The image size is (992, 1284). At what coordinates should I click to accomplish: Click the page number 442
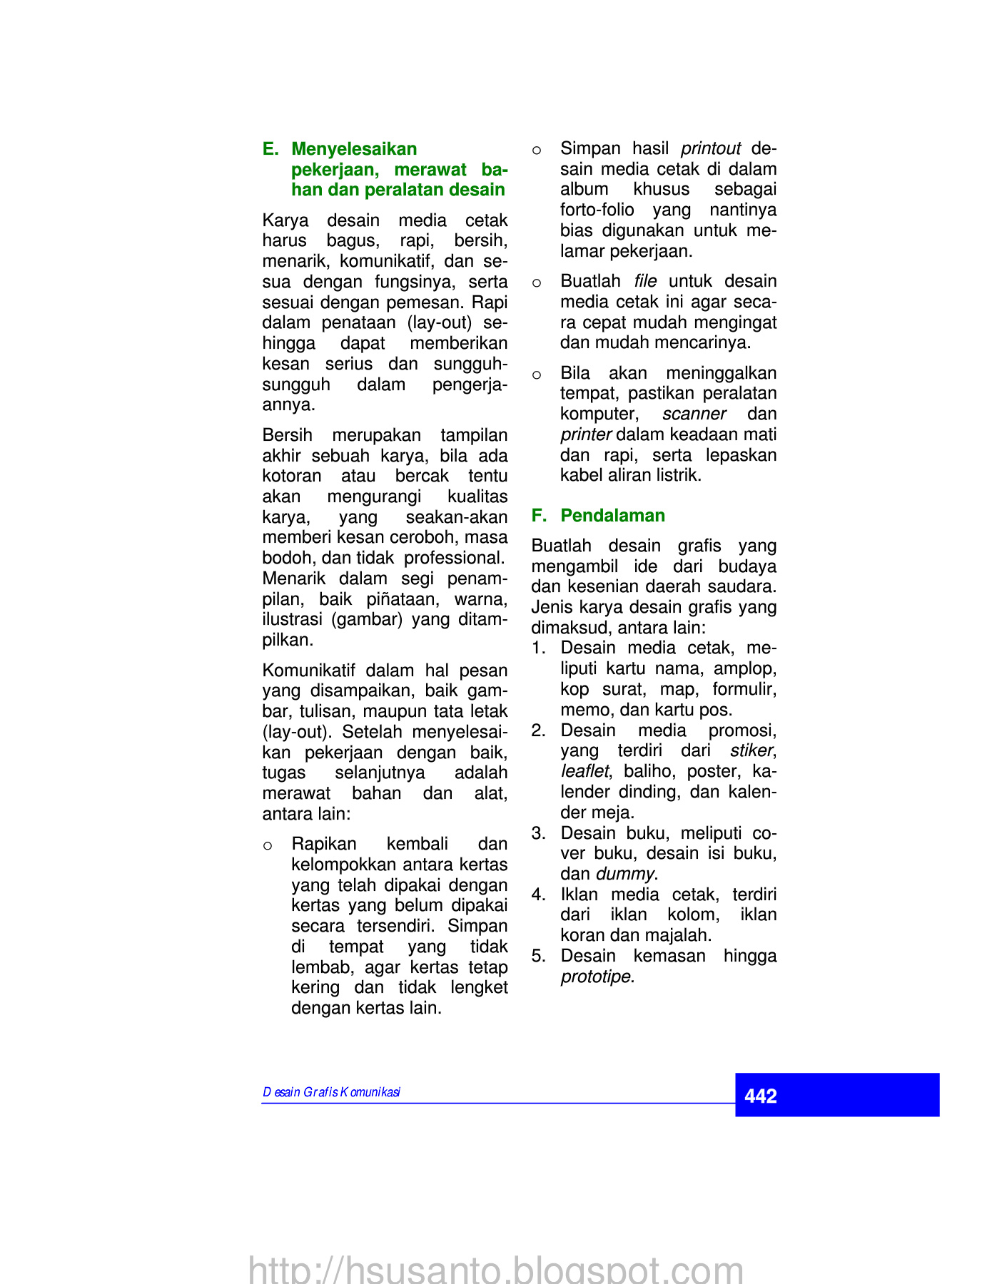pyautogui.click(x=760, y=1096)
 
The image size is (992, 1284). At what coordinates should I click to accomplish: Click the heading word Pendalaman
pyautogui.click(x=612, y=516)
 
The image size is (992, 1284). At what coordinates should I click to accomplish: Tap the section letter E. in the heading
pyautogui.click(x=270, y=149)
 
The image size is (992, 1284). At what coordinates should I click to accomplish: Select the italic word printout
pyautogui.click(x=711, y=148)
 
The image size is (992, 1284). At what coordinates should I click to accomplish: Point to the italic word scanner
pyautogui.click(x=694, y=414)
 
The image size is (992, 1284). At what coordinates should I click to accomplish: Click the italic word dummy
pyautogui.click(x=624, y=874)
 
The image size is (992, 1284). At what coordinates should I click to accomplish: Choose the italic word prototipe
pyautogui.click(x=596, y=977)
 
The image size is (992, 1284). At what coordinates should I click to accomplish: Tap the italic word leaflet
pyautogui.click(x=584, y=771)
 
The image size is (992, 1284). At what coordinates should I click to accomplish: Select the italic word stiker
pyautogui.click(x=751, y=750)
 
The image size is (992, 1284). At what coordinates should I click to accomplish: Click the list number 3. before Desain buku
pyautogui.click(x=539, y=833)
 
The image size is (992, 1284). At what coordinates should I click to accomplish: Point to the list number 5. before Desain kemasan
pyautogui.click(x=539, y=956)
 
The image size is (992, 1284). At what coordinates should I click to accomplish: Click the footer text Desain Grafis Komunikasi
pyautogui.click(x=331, y=1092)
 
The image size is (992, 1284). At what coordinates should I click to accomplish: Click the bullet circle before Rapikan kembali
pyautogui.click(x=268, y=846)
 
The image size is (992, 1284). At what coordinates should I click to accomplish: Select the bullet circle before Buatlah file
pyautogui.click(x=537, y=283)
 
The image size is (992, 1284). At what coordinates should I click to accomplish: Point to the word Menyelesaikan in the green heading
pyautogui.click(x=354, y=149)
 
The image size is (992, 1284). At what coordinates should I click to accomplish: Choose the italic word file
pyautogui.click(x=645, y=281)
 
